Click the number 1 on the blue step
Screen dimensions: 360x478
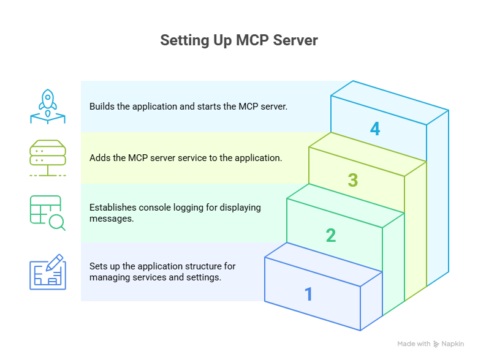coord(309,294)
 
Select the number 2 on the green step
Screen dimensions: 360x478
coord(331,236)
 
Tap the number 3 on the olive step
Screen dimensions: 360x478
coord(353,181)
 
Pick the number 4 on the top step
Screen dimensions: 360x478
coord(375,129)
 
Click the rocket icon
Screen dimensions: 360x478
coord(47,106)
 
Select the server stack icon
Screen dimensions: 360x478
coord(47,158)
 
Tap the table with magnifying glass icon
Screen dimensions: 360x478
coord(47,213)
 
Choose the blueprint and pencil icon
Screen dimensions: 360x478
coord(47,271)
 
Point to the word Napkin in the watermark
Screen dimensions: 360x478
coord(453,344)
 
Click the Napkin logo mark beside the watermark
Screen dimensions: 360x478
coord(436,344)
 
